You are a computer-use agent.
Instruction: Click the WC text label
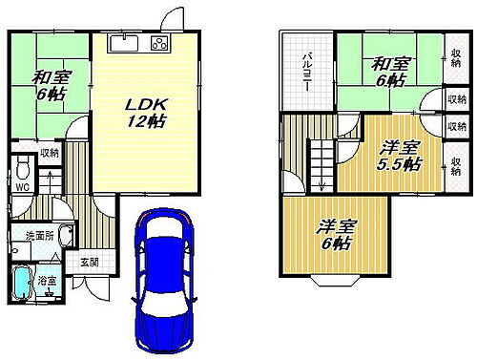tap(22, 187)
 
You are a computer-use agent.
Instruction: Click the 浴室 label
tap(46, 282)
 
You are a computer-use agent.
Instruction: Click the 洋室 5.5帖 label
tap(397, 155)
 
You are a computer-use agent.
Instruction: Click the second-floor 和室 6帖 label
tap(392, 73)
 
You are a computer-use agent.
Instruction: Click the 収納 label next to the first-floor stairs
tap(50, 153)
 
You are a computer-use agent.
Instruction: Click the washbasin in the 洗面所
tap(64, 236)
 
